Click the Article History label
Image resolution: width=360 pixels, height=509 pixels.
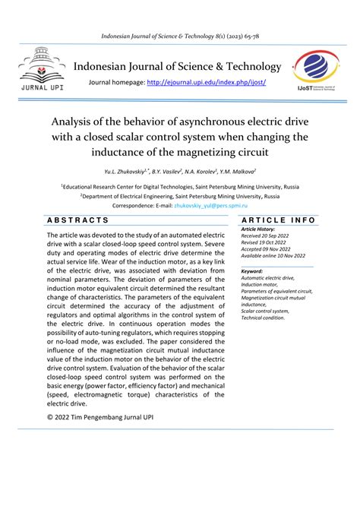tap(260, 229)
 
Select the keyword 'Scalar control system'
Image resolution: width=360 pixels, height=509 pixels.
tap(265, 311)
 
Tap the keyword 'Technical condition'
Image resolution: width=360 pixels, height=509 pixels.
tap(263, 318)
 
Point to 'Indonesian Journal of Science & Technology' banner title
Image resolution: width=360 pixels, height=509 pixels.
tap(177, 67)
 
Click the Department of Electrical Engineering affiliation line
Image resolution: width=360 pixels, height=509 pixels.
tap(180, 195)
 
